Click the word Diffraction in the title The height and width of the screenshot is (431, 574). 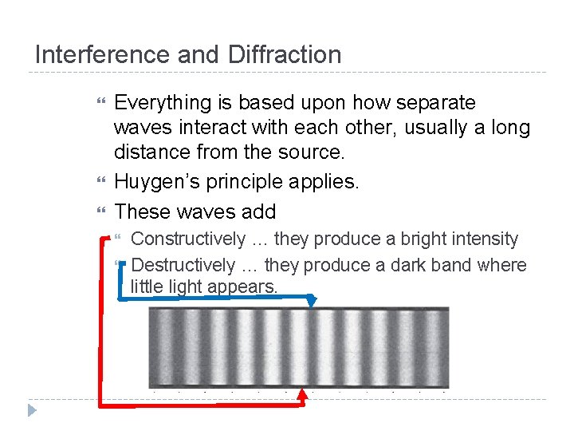[x=285, y=55]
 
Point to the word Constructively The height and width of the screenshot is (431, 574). [x=188, y=239]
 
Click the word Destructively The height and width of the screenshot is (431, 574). [x=183, y=265]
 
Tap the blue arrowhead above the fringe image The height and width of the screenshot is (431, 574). [x=312, y=302]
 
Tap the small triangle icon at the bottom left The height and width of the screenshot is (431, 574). [x=33, y=410]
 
